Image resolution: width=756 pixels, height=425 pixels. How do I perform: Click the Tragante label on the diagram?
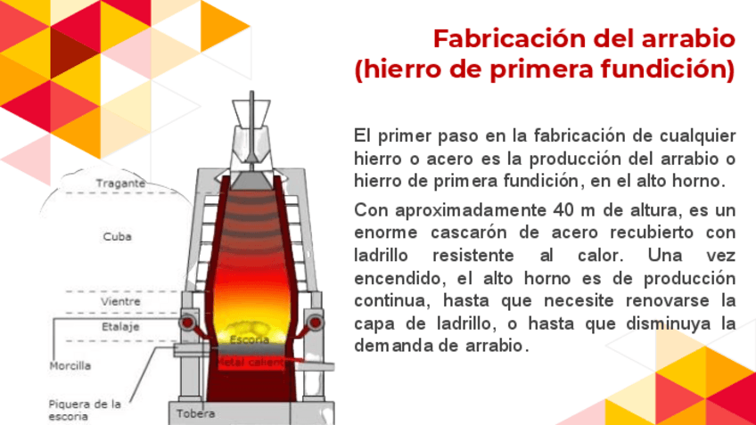click(x=121, y=184)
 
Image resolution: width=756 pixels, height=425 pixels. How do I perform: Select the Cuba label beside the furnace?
click(x=118, y=237)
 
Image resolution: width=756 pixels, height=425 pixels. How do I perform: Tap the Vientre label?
click(x=120, y=302)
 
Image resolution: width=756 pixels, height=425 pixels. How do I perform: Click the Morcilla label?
click(x=70, y=365)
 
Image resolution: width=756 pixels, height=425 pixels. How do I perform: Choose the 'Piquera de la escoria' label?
click(x=85, y=409)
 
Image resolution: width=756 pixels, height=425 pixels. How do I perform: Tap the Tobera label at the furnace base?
click(x=195, y=413)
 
